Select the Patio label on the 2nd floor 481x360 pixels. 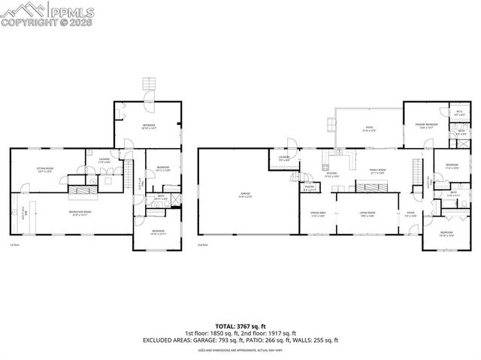pos(369,129)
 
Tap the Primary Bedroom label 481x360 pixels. pos(427,127)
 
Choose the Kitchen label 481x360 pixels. pos(331,175)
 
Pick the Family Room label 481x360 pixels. pos(377,171)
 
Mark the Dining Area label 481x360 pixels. pos(318,214)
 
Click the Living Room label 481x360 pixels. pos(366,214)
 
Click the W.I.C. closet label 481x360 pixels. pos(460,113)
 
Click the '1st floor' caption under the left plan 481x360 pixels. pos(14,244)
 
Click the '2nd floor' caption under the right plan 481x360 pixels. pos(201,244)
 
